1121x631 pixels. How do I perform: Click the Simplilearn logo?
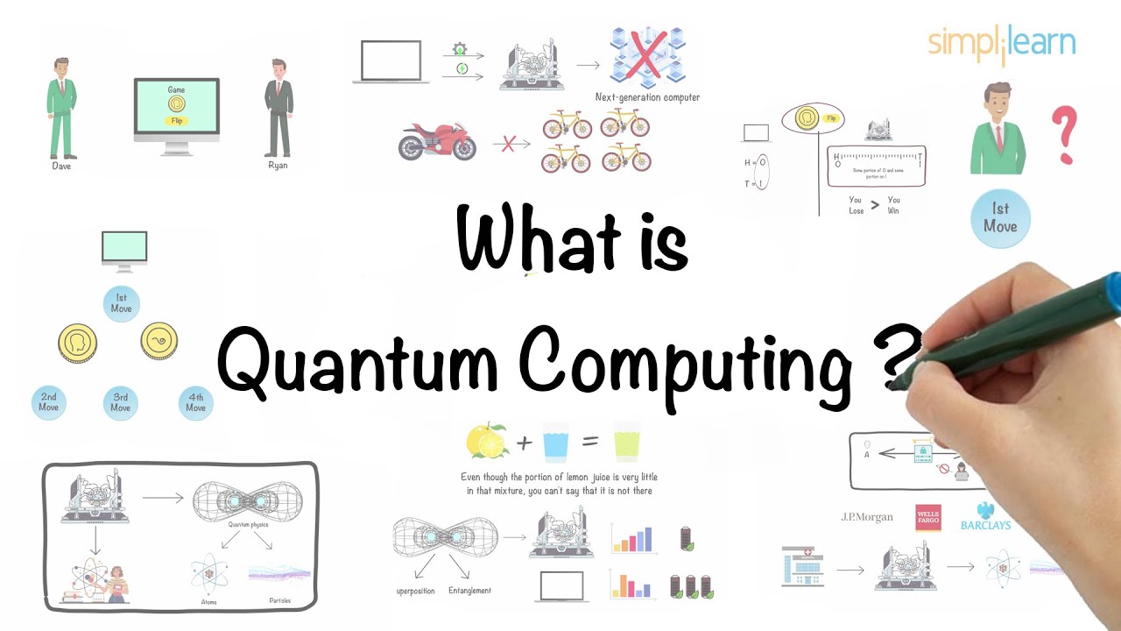pyautogui.click(x=1001, y=44)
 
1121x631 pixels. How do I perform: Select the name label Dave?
pyautogui.click(x=60, y=166)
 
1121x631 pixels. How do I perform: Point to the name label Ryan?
pyautogui.click(x=278, y=166)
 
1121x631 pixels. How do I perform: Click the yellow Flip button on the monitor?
pyautogui.click(x=176, y=121)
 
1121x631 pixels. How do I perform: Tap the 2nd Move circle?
pyautogui.click(x=48, y=402)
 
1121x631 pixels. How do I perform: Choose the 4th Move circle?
pyautogui.click(x=195, y=402)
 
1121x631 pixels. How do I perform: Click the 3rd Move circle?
pyautogui.click(x=121, y=402)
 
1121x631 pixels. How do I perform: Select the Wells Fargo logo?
pyautogui.click(x=927, y=517)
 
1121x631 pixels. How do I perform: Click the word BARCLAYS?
pyautogui.click(x=985, y=525)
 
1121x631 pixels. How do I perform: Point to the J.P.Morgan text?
pyautogui.click(x=867, y=517)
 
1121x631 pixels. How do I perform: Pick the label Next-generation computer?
pyautogui.click(x=647, y=98)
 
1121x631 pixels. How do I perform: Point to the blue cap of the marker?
pyautogui.click(x=1110, y=291)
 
